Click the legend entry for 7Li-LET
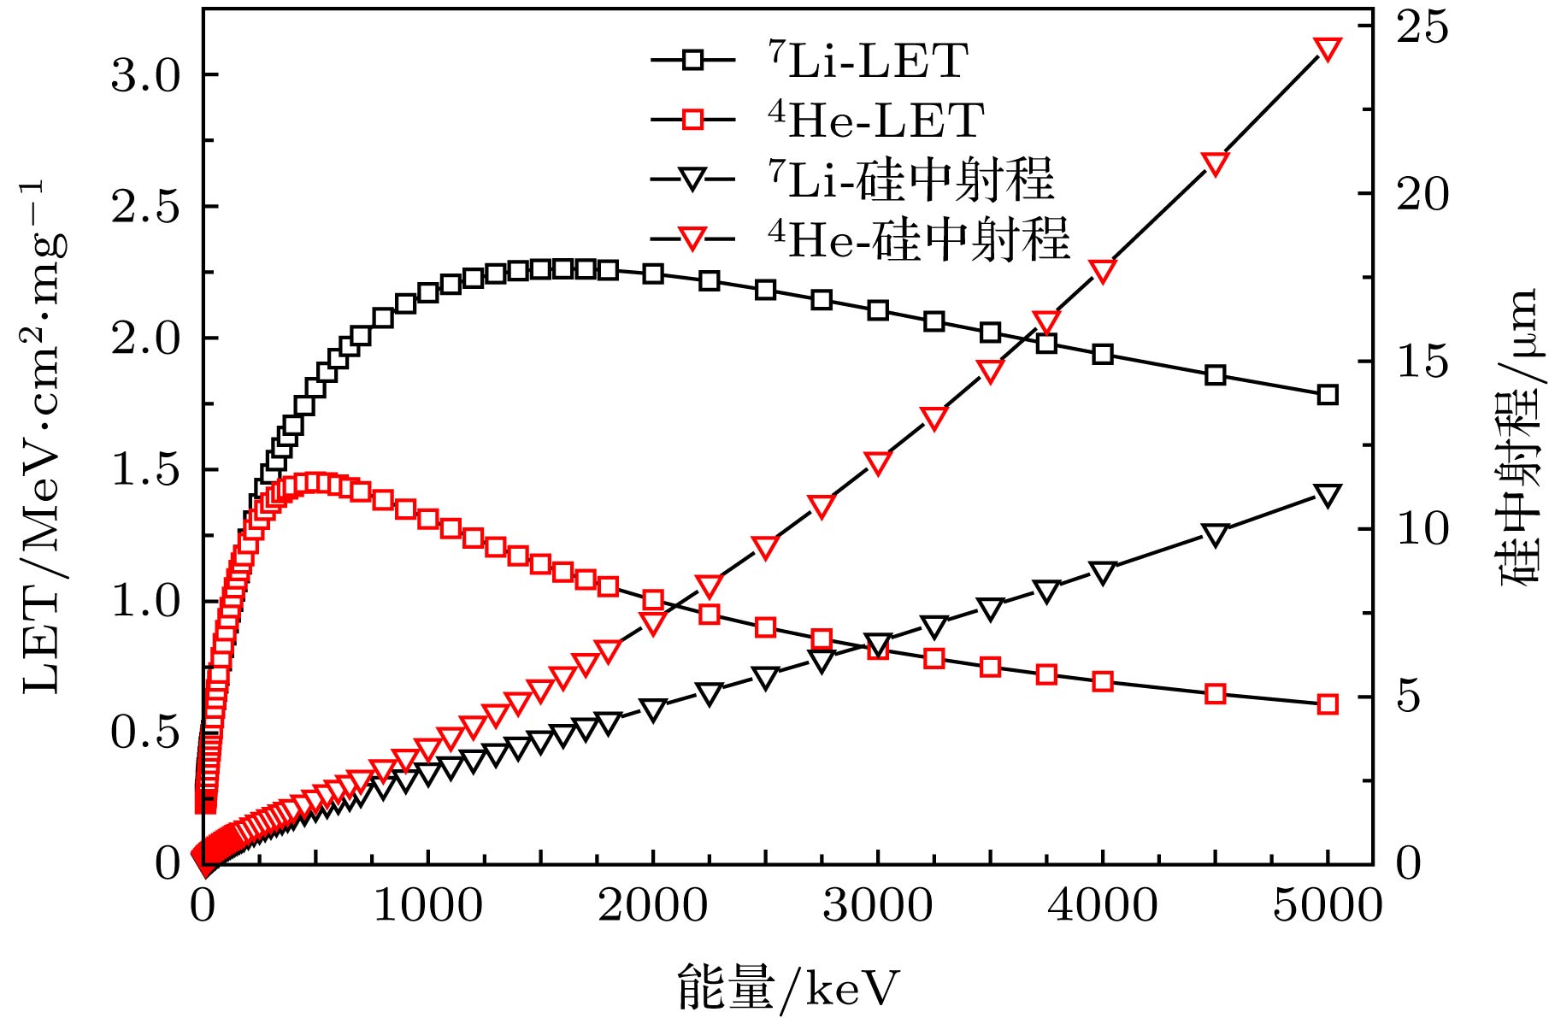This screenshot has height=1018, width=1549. click(x=867, y=62)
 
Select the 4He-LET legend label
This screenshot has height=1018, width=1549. click(x=875, y=121)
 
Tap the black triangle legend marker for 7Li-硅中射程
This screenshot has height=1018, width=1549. click(x=693, y=180)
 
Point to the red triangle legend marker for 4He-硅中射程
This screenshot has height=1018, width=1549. click(x=693, y=239)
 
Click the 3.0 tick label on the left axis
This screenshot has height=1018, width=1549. click(x=146, y=76)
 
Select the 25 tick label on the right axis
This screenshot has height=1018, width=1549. click(x=1423, y=27)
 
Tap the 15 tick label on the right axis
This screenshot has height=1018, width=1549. click(x=1423, y=362)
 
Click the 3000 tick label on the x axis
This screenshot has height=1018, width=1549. click(x=877, y=905)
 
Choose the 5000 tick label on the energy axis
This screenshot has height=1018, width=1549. click(x=1327, y=905)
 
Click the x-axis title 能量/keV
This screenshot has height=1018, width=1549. click(x=788, y=988)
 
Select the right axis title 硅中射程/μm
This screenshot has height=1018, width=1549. click(x=1520, y=436)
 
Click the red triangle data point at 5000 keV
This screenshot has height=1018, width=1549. click(x=1327, y=50)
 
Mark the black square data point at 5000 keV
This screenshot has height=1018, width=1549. click(x=1327, y=395)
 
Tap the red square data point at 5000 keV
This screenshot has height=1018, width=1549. click(x=1327, y=704)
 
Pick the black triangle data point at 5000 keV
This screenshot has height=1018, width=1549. click(x=1327, y=496)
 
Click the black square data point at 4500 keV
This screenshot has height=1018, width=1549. click(x=1215, y=375)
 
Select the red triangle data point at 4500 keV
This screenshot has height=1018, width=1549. click(x=1215, y=164)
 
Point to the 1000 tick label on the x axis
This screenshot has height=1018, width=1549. click(x=427, y=905)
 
